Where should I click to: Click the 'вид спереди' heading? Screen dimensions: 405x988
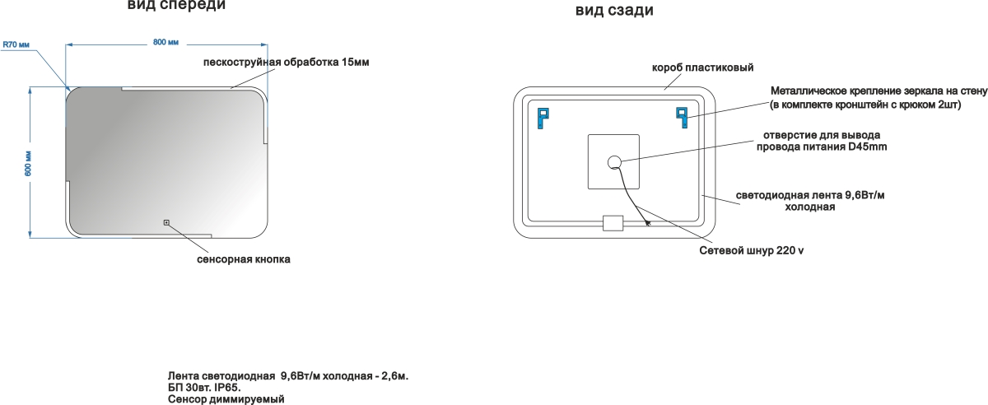176,6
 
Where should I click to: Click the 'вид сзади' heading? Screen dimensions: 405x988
614,11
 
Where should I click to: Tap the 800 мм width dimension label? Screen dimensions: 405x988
166,42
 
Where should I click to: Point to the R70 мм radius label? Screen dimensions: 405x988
16,46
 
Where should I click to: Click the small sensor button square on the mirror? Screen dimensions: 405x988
166,221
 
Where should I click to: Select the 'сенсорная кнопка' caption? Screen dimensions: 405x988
244,259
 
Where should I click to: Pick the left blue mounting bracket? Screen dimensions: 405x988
542,117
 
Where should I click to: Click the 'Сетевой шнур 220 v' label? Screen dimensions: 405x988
751,250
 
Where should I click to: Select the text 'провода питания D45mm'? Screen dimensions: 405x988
821,147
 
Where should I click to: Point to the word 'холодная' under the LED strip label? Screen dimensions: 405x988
809,207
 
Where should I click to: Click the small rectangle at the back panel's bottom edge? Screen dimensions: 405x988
614,223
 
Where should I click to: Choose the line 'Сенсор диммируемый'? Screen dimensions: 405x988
225,398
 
